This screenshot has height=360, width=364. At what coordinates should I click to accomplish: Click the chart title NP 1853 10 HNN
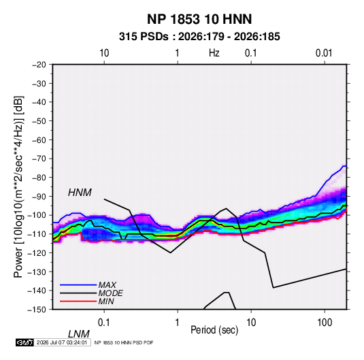click(x=199, y=19)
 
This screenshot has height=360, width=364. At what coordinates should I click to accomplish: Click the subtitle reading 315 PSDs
click(x=144, y=37)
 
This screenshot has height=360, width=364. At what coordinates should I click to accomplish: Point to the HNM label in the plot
click(x=80, y=193)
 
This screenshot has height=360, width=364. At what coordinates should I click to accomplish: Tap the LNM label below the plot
click(x=79, y=334)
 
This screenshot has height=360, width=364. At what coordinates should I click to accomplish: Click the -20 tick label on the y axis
click(x=39, y=65)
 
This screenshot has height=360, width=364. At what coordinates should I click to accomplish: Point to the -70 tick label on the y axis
click(x=39, y=159)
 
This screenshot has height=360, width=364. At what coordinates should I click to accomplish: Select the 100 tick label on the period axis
click(x=325, y=323)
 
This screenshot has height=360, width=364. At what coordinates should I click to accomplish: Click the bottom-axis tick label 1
click(x=177, y=323)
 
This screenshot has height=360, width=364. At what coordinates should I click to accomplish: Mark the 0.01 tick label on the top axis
click(x=324, y=53)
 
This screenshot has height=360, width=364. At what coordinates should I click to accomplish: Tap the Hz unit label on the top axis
click(x=214, y=53)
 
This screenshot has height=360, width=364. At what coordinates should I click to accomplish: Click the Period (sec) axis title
click(x=214, y=330)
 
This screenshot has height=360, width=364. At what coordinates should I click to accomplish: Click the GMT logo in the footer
click(x=25, y=342)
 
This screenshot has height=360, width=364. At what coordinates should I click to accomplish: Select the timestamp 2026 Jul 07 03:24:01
click(x=62, y=342)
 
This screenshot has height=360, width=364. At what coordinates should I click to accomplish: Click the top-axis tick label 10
click(x=104, y=53)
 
